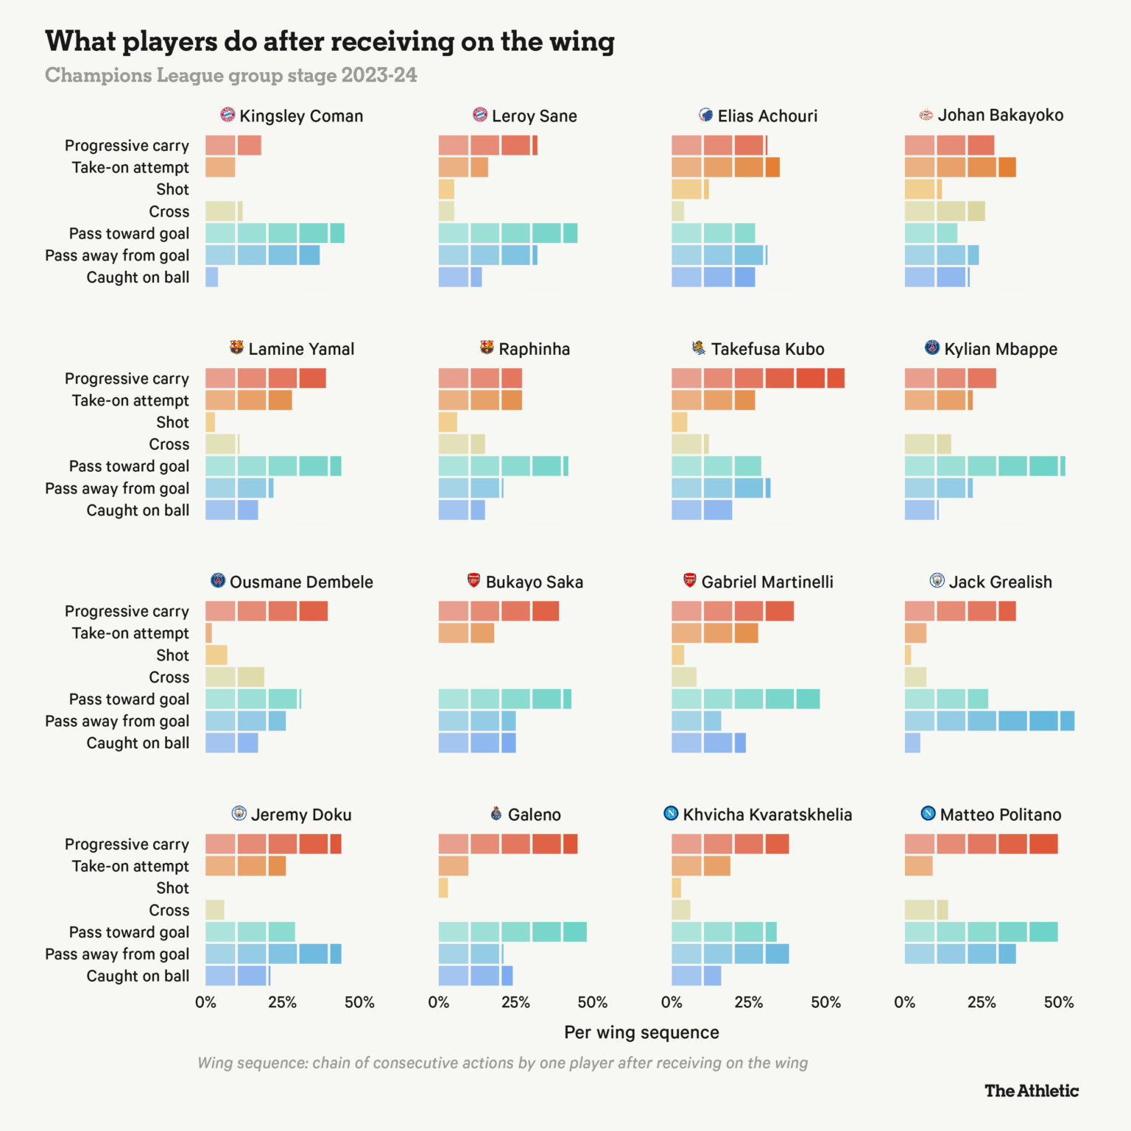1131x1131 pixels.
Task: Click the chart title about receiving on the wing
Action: tap(329, 42)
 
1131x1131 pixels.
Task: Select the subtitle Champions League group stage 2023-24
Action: tap(230, 75)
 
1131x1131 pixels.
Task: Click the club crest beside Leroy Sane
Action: tap(480, 115)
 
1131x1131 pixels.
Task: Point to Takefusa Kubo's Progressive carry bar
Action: tap(758, 378)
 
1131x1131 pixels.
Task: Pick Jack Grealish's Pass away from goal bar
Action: tap(989, 721)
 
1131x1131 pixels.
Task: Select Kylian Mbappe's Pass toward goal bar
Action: tap(984, 466)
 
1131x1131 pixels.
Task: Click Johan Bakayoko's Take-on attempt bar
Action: tap(960, 167)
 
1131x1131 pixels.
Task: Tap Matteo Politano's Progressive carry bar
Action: tap(981, 844)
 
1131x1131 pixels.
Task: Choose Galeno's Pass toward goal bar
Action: tap(512, 931)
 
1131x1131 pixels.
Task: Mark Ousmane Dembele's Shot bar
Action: tap(216, 655)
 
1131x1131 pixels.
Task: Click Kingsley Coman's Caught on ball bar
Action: tap(212, 277)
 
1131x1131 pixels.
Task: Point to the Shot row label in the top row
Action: tap(172, 190)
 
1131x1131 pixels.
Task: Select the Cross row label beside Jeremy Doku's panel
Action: tap(169, 910)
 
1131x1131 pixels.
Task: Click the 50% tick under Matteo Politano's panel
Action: tap(1059, 1002)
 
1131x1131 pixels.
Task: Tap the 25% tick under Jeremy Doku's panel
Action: tap(282, 1002)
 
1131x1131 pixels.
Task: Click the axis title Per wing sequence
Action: tap(641, 1032)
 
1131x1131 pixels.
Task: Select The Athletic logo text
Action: tap(1031, 1091)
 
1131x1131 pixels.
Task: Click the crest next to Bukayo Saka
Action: tap(474, 581)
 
